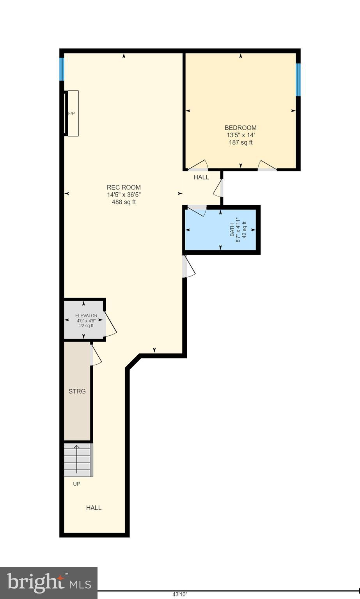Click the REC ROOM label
[x=124, y=187]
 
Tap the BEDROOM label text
[x=241, y=128]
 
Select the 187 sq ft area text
[x=241, y=143]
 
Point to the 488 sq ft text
[x=124, y=202]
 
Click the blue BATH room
[x=220, y=230]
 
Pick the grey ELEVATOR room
[x=84, y=320]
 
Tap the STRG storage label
[x=77, y=391]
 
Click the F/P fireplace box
[x=73, y=113]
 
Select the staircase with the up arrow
[x=78, y=460]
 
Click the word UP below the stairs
[x=77, y=484]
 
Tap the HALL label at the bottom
[x=94, y=508]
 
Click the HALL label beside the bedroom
[x=201, y=177]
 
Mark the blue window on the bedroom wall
[x=298, y=80]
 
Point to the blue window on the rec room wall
[x=62, y=69]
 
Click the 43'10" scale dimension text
[x=180, y=595]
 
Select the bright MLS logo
[x=48, y=583]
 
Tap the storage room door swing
[x=96, y=355]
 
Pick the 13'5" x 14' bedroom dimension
[x=241, y=135]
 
